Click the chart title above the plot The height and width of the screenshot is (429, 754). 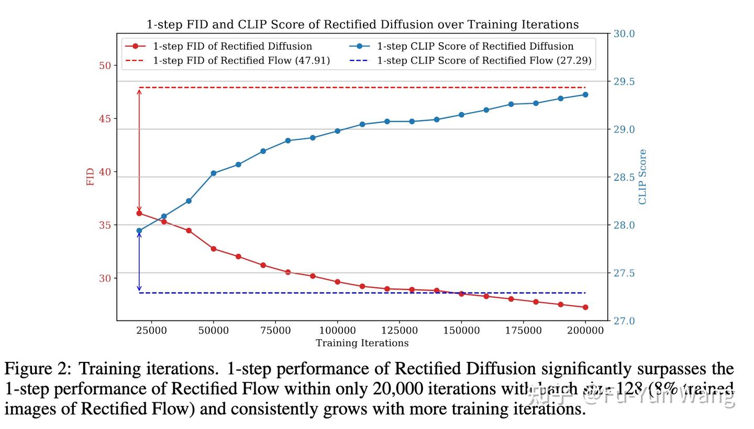point(362,25)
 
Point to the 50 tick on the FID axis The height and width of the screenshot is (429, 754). point(105,66)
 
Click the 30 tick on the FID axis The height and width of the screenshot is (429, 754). point(105,278)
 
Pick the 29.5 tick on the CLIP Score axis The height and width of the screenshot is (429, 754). point(624,82)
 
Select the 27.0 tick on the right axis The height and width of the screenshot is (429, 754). point(624,321)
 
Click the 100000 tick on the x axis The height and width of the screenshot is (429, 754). point(337,331)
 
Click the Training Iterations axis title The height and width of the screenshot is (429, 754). point(362,344)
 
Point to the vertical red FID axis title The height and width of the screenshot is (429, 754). point(91,177)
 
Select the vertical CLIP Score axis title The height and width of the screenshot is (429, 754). point(642,177)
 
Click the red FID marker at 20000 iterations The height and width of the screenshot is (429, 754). point(139,213)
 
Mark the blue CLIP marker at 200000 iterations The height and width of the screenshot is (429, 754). point(585,95)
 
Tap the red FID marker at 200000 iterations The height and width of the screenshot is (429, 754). point(585,307)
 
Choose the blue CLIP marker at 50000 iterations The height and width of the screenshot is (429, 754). point(214,173)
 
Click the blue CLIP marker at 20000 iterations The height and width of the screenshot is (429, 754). point(139,231)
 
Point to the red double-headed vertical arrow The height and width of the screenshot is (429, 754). point(139,151)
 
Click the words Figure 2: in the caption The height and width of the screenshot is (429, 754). point(37,369)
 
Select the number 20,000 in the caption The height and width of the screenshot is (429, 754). point(397,389)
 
